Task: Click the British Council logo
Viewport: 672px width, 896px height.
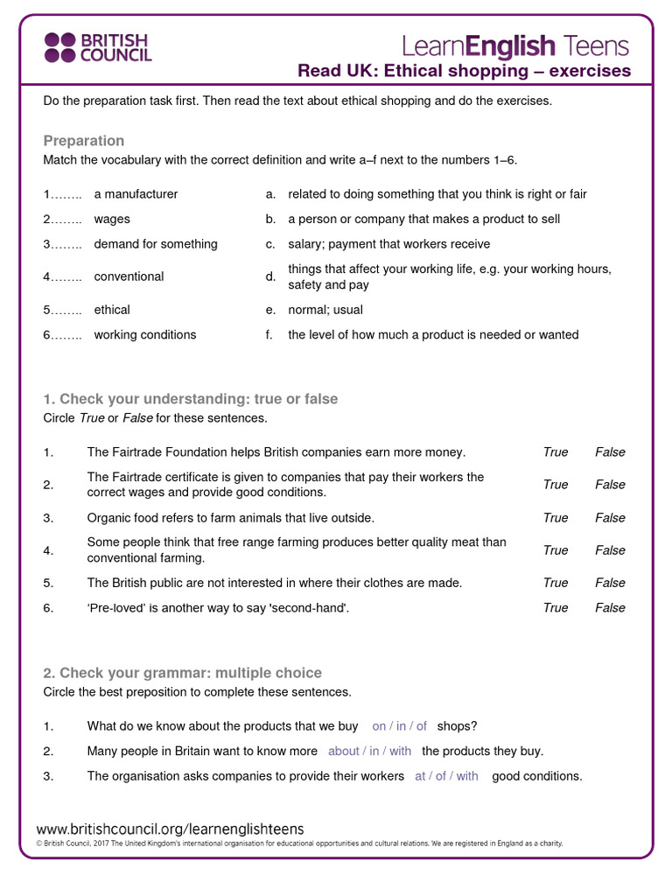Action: [98, 47]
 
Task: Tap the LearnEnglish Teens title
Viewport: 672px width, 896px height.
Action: [514, 45]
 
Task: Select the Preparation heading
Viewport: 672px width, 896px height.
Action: [84, 141]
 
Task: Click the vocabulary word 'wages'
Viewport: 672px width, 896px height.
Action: [112, 219]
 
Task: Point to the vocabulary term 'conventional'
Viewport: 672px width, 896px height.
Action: [129, 276]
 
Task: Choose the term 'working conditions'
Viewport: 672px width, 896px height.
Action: [145, 334]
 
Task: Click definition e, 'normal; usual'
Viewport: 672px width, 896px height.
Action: [325, 310]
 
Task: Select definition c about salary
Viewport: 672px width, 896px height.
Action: [388, 244]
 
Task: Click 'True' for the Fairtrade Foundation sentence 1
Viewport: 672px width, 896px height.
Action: [555, 452]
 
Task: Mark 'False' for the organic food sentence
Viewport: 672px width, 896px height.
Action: [610, 518]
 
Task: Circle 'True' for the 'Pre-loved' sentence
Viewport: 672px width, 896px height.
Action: [555, 607]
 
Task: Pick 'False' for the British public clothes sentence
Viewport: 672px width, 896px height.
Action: [610, 583]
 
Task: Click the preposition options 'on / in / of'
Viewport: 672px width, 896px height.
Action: [399, 725]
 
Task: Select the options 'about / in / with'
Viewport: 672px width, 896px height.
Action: [369, 751]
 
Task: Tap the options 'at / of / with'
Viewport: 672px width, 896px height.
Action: [446, 776]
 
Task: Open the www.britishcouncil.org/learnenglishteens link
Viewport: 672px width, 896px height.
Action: [170, 829]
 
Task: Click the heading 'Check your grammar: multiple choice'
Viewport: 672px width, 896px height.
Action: [182, 673]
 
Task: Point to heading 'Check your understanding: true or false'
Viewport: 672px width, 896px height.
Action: [190, 399]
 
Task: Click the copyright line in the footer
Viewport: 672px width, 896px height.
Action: [299, 844]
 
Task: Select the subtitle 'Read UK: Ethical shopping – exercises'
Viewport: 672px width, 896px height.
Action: [464, 71]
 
